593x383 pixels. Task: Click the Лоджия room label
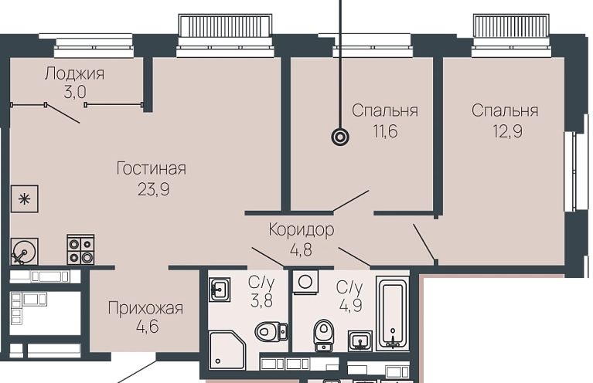74,73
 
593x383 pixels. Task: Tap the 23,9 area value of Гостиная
153,189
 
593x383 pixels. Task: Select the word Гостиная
152,168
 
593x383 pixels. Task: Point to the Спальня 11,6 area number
385,131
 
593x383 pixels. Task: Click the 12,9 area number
507,131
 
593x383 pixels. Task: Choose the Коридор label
302,229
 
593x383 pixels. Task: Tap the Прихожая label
145,308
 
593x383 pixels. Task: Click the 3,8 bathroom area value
261,301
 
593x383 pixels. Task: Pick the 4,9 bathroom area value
350,305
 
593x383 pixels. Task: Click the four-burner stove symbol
80,249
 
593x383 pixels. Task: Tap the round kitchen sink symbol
24,251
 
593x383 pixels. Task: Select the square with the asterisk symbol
24,198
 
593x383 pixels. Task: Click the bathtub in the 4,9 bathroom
393,312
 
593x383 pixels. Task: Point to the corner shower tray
227,350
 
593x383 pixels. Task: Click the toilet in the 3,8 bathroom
271,332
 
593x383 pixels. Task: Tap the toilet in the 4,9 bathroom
324,335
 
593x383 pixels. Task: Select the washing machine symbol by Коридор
305,282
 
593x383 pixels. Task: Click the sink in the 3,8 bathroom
220,290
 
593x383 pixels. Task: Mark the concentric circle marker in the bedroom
340,137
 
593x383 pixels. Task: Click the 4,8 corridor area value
301,250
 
